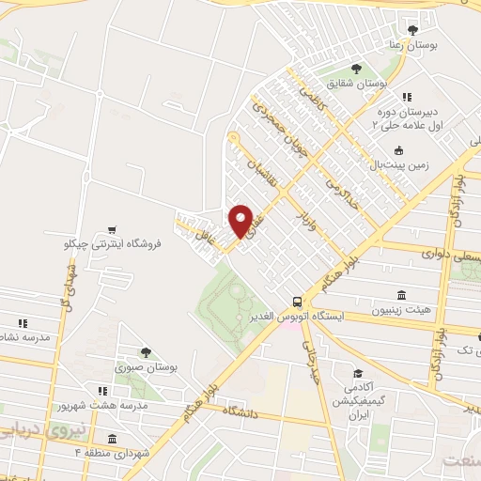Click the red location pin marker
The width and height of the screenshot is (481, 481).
(241, 220)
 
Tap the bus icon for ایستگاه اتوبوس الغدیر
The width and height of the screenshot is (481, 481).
(297, 302)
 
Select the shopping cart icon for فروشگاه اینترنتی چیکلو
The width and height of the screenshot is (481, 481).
(112, 229)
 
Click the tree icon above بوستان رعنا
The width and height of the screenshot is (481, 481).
(412, 30)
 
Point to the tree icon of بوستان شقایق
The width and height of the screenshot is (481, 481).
(356, 69)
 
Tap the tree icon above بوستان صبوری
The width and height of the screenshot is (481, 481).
(147, 352)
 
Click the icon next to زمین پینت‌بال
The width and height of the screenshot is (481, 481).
(398, 150)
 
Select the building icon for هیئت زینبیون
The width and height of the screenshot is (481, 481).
(401, 294)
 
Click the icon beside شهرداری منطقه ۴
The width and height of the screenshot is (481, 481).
(112, 439)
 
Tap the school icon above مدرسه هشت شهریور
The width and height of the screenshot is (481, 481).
(101, 390)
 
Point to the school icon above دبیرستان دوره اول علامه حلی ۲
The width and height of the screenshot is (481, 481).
(407, 97)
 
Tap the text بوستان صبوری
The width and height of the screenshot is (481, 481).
(146, 368)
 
